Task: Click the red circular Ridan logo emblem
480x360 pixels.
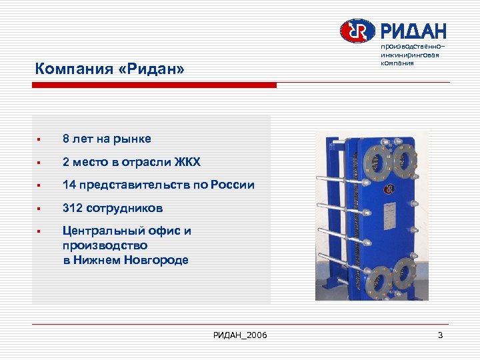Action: [x=358, y=31]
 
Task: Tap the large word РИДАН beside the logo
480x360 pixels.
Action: [x=413, y=31]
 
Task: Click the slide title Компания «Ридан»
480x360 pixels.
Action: [x=109, y=69]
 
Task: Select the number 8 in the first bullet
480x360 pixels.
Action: [x=66, y=139]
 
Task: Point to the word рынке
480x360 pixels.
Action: [x=132, y=139]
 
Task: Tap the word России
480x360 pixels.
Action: [x=232, y=185]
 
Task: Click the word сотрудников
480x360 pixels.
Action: [x=127, y=208]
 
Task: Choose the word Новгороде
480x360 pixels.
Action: [x=156, y=260]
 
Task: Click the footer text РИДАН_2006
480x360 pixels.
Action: [x=240, y=335]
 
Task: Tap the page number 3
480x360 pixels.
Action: [x=440, y=335]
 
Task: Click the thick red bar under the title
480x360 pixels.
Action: [x=155, y=85]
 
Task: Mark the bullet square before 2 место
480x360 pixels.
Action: [x=40, y=163]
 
